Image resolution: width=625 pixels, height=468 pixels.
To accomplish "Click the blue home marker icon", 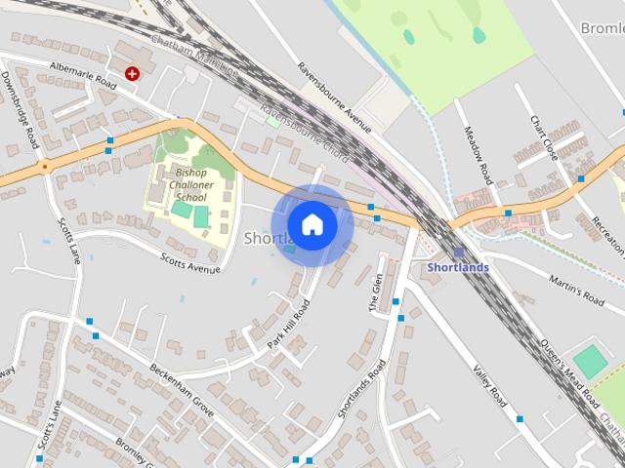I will point(312,224).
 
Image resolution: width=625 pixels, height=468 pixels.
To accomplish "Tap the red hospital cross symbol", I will point(133,72).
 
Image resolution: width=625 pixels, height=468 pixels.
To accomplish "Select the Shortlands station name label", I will point(457,267).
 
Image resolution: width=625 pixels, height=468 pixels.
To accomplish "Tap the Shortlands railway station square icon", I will point(458,252).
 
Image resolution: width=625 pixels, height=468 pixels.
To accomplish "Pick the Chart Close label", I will point(543,137).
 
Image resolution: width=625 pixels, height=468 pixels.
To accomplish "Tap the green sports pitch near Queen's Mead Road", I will point(590,361).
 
